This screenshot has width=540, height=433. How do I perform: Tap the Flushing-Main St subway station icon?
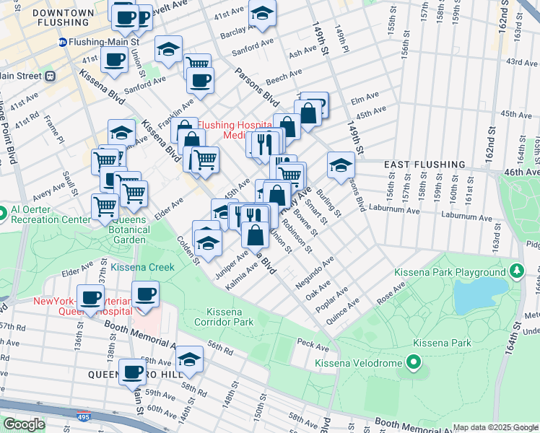pos(63,43)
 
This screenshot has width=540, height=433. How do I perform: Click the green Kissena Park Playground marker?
pos(515,271)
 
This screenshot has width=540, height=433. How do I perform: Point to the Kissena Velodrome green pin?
pos(414,362)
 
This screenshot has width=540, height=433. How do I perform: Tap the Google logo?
pos(24,424)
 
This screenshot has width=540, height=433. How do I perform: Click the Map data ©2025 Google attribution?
pos(495,427)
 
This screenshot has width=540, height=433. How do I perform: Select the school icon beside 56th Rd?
pos(189,359)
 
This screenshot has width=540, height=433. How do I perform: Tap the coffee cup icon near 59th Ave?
pos(132,372)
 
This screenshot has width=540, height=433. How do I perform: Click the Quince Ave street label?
pos(344,316)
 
